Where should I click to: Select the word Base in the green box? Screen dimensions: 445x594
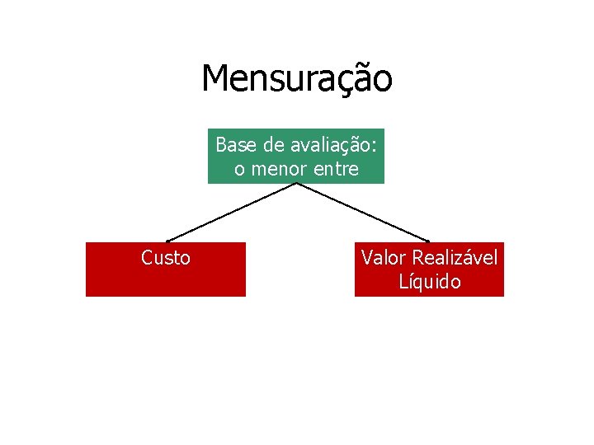tap(234, 146)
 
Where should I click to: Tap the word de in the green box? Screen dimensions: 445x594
tap(273, 146)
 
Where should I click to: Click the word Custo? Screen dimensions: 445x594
tap(166, 258)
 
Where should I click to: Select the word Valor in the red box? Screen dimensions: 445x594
tap(383, 258)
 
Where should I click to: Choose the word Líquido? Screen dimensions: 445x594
tap(429, 282)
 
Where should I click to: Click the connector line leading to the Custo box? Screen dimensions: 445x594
tap(231, 212)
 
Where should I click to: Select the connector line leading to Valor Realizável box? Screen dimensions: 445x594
tap(363, 212)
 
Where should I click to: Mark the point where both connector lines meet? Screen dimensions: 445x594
tap(296, 183)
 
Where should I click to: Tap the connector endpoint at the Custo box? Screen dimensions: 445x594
tap(167, 241)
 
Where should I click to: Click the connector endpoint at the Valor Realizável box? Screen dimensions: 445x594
tap(428, 241)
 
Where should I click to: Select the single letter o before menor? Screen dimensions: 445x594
tap(239, 171)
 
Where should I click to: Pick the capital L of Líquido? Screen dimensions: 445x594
tap(403, 282)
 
